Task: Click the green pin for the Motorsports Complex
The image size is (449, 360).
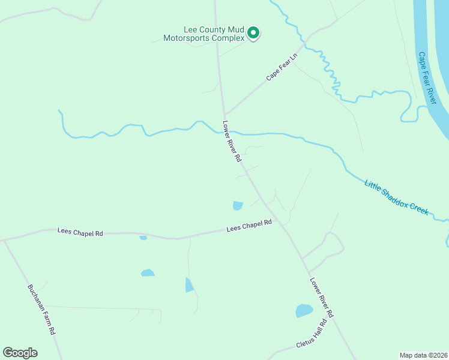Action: [x=253, y=32]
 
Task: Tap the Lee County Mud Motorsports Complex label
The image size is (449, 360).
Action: [x=205, y=33]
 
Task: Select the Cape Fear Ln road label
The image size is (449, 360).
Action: [x=282, y=67]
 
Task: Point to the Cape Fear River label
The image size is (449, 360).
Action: [x=427, y=77]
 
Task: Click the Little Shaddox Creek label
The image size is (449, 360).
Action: [x=396, y=197]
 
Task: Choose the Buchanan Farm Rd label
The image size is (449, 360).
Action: [x=41, y=309]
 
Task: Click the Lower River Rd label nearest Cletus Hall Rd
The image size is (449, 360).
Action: [x=322, y=298]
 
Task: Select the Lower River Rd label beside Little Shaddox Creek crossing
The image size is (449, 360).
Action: [x=232, y=142]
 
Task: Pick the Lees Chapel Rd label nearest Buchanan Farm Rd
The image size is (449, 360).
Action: [x=80, y=232]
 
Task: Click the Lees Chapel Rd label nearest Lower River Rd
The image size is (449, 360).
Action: [x=249, y=226]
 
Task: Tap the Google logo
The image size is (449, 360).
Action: [x=20, y=353]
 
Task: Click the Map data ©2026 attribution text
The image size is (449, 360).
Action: [x=424, y=355]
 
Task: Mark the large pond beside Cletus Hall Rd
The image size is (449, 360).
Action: [x=304, y=311]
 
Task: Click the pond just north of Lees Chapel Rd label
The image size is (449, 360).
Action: [x=238, y=206]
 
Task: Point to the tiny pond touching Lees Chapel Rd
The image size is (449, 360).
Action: [x=143, y=238]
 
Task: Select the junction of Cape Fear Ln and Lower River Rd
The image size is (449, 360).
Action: [x=224, y=115]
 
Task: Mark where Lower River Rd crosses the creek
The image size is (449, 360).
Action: [x=228, y=131]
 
